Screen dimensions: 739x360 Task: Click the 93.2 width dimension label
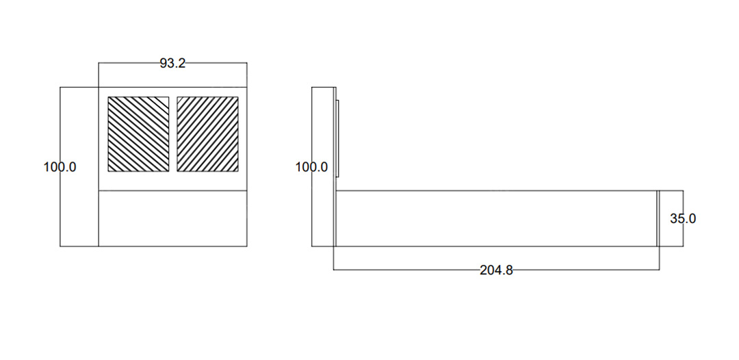point(172,64)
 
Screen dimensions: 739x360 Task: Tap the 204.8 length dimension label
point(496,270)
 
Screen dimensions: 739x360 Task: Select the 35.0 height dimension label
point(683,218)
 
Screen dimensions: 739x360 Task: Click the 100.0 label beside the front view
point(60,167)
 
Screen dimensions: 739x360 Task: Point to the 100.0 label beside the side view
point(311,167)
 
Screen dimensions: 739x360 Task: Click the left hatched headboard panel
point(138,134)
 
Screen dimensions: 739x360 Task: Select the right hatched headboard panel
point(207,134)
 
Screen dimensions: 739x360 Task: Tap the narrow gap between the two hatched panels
point(173,134)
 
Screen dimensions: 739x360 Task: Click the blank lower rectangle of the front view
point(172,218)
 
